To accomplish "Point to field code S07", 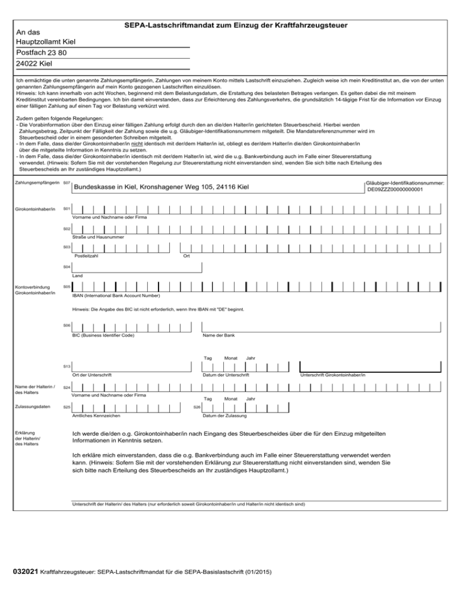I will click(x=66, y=183).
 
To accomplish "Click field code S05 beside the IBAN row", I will click(x=66, y=287).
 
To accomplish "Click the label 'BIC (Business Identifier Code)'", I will click(x=103, y=336).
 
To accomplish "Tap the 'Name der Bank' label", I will click(x=218, y=336).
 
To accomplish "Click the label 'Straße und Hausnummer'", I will click(x=98, y=237).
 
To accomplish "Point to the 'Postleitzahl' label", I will click(x=86, y=256).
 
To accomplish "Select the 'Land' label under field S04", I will click(x=77, y=275).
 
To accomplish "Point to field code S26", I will click(x=198, y=407).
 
